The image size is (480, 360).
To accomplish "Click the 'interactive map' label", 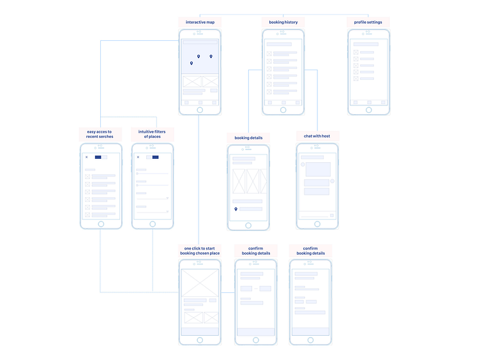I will tap(200, 22).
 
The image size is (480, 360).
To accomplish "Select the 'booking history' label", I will tap(283, 22).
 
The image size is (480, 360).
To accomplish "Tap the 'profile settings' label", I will tap(368, 22).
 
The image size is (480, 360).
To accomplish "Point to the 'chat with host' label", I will tap(317, 136).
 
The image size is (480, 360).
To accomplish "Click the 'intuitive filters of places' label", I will tap(152, 134).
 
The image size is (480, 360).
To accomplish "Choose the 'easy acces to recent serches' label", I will tap(100, 134).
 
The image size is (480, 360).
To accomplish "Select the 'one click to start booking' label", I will tap(200, 250).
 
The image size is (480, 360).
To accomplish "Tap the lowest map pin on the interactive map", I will tap(191, 63).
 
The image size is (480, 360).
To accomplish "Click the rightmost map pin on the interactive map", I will tap(211, 56).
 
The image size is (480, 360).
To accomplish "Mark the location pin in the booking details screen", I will tap(236, 209).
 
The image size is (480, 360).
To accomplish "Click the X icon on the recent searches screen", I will tap(87, 157).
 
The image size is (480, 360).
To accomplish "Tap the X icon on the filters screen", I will tap(138, 157).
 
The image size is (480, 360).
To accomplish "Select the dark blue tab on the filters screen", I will tap(155, 157).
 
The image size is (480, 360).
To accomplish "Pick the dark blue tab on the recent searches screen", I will tap(98, 157).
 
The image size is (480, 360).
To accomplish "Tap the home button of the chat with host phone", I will tap(317, 224).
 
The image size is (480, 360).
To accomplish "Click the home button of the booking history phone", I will tap(283, 110).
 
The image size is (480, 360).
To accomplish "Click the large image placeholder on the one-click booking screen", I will tap(200, 283).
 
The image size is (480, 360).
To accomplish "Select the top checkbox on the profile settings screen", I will tap(356, 52).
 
